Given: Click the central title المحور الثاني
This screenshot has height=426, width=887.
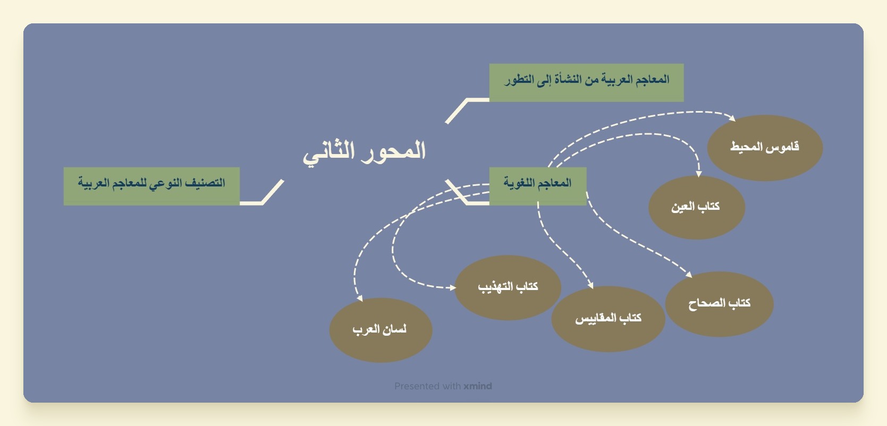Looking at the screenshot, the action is coord(364,152).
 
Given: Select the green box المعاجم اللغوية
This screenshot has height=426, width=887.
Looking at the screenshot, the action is coord(538,186).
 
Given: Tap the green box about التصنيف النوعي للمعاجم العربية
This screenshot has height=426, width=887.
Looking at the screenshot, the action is coord(151,186).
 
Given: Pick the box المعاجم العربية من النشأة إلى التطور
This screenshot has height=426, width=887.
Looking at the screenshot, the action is coord(586,83).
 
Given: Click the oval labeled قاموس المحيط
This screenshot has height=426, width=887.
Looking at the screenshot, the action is coord(765,148).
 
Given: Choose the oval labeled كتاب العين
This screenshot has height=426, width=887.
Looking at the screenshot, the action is coord(697,208).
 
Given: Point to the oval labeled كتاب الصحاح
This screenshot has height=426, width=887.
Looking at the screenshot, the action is coord(719,304).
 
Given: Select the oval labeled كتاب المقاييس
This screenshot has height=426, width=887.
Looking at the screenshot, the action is coord(608,319).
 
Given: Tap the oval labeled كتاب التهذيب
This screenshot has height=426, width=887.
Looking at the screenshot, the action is coord(508,287).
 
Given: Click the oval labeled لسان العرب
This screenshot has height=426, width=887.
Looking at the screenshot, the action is coord(381,330).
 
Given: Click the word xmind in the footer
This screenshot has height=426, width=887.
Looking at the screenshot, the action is coord(478,386).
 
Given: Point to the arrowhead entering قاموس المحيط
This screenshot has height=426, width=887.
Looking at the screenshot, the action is coord(732,118).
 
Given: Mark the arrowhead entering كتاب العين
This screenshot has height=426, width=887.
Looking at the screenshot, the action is coord(699,174).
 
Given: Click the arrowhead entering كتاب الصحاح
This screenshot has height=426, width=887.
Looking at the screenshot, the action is coord(689,275).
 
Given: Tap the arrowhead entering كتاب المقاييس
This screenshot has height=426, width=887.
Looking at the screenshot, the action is coord(590,285).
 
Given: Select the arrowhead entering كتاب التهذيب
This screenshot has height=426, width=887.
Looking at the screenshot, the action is coord(453,287).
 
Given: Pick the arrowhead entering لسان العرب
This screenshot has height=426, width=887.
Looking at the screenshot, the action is coord(360,299).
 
